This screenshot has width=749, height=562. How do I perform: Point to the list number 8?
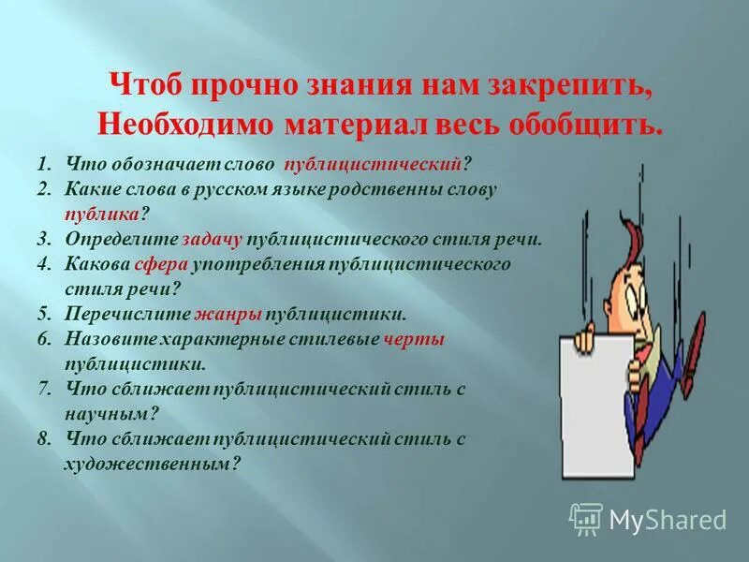44,437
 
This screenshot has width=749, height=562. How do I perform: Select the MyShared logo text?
668,519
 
